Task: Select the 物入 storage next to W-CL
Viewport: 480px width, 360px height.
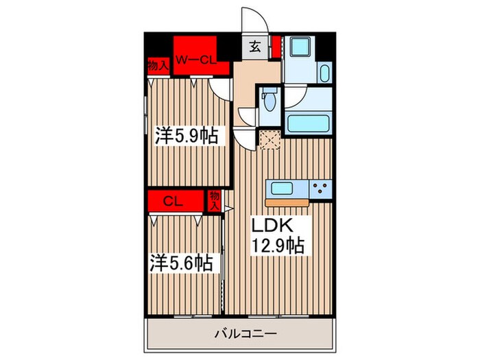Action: pos(158,67)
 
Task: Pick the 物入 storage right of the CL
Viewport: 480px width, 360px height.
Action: pos(214,200)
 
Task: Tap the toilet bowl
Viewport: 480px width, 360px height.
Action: pos(269,104)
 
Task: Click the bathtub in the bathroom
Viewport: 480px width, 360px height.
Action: pos(308,124)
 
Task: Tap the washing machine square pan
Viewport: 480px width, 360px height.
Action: pos(299,49)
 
